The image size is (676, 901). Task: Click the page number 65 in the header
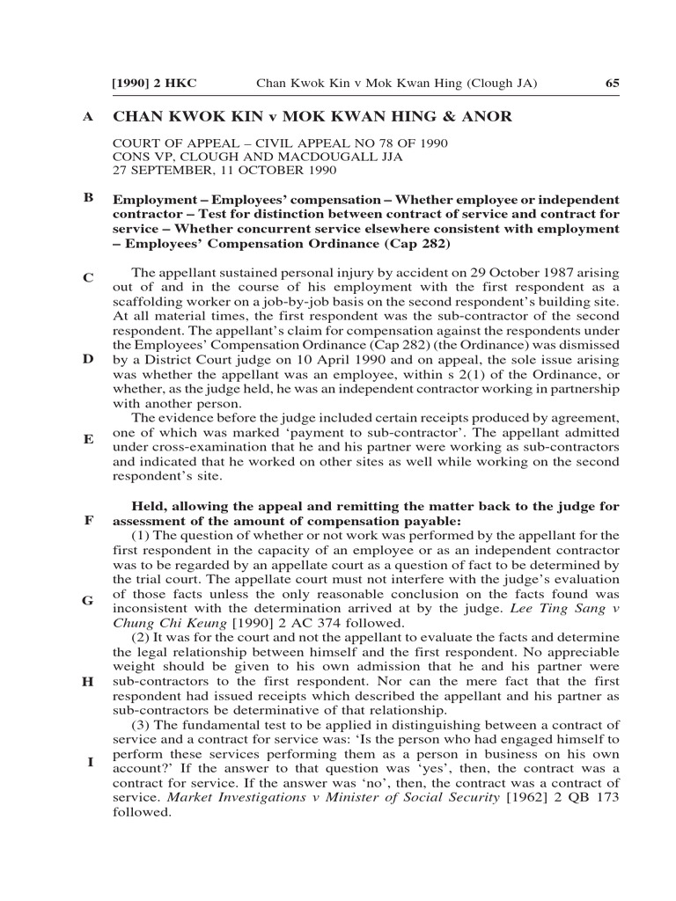(613, 84)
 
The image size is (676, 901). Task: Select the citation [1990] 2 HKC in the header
(154, 84)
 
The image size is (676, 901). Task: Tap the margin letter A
(88, 117)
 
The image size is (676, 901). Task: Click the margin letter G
(88, 601)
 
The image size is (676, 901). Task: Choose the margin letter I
(89, 762)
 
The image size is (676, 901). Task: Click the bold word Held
(149, 506)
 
